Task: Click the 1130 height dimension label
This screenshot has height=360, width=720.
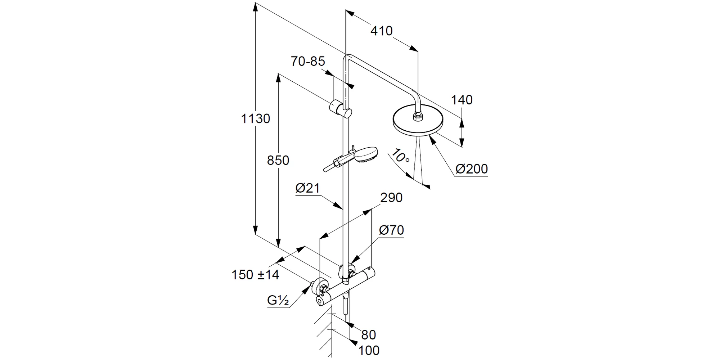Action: [x=255, y=118]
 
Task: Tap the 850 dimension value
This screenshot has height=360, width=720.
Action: [x=278, y=160]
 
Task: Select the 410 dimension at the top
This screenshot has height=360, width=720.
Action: [x=382, y=31]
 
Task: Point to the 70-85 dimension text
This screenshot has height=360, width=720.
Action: [x=308, y=62]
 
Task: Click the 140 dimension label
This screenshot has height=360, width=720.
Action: [x=462, y=100]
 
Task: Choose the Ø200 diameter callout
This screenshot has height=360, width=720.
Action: [x=472, y=169]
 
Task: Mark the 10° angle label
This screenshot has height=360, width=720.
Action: [x=400, y=156]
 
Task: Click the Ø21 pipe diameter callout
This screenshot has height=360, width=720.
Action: [x=307, y=188]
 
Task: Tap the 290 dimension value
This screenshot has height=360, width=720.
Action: [x=391, y=198]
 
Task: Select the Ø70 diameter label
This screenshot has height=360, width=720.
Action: [x=391, y=230]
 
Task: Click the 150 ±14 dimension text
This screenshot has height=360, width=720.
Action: [x=255, y=275]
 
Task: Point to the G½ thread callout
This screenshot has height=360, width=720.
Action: [x=278, y=300]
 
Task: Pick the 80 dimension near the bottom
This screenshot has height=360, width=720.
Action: [x=368, y=335]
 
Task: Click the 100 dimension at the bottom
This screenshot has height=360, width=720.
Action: [x=369, y=350]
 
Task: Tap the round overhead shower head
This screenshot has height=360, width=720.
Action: [x=418, y=122]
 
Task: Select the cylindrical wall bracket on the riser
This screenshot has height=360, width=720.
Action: [x=340, y=109]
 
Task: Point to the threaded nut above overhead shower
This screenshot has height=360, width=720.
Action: [x=418, y=116]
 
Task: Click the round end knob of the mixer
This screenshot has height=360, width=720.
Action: [x=320, y=301]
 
